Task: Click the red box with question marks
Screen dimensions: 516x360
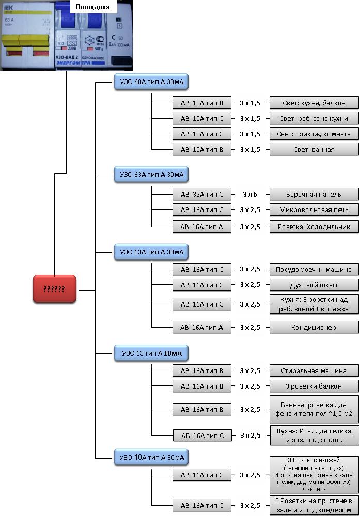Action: [x=54, y=289]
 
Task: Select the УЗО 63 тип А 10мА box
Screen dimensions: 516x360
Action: [x=150, y=353]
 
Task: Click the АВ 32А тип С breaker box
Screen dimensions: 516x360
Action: [x=202, y=195]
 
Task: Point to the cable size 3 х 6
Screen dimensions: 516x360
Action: [x=250, y=195]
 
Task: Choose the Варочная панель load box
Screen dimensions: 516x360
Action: [x=314, y=195]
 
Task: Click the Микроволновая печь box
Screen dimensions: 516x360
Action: [x=314, y=210]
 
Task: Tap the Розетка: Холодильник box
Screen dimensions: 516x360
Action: [x=314, y=227]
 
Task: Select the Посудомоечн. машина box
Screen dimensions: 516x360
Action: [x=314, y=269]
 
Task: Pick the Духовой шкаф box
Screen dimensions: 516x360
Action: [x=314, y=285]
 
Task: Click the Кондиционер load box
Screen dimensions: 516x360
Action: [x=314, y=327]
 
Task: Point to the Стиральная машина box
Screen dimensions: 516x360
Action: [x=314, y=370]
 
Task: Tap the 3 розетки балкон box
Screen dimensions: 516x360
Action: [x=314, y=386]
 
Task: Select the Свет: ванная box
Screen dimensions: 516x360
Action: [x=314, y=150]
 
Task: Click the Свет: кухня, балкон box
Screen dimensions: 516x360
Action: [x=314, y=103]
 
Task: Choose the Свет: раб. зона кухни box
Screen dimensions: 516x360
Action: [x=314, y=118]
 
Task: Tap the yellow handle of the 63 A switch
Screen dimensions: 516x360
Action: [x=24, y=40]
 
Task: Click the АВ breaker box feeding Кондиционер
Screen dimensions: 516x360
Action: [x=202, y=327]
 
